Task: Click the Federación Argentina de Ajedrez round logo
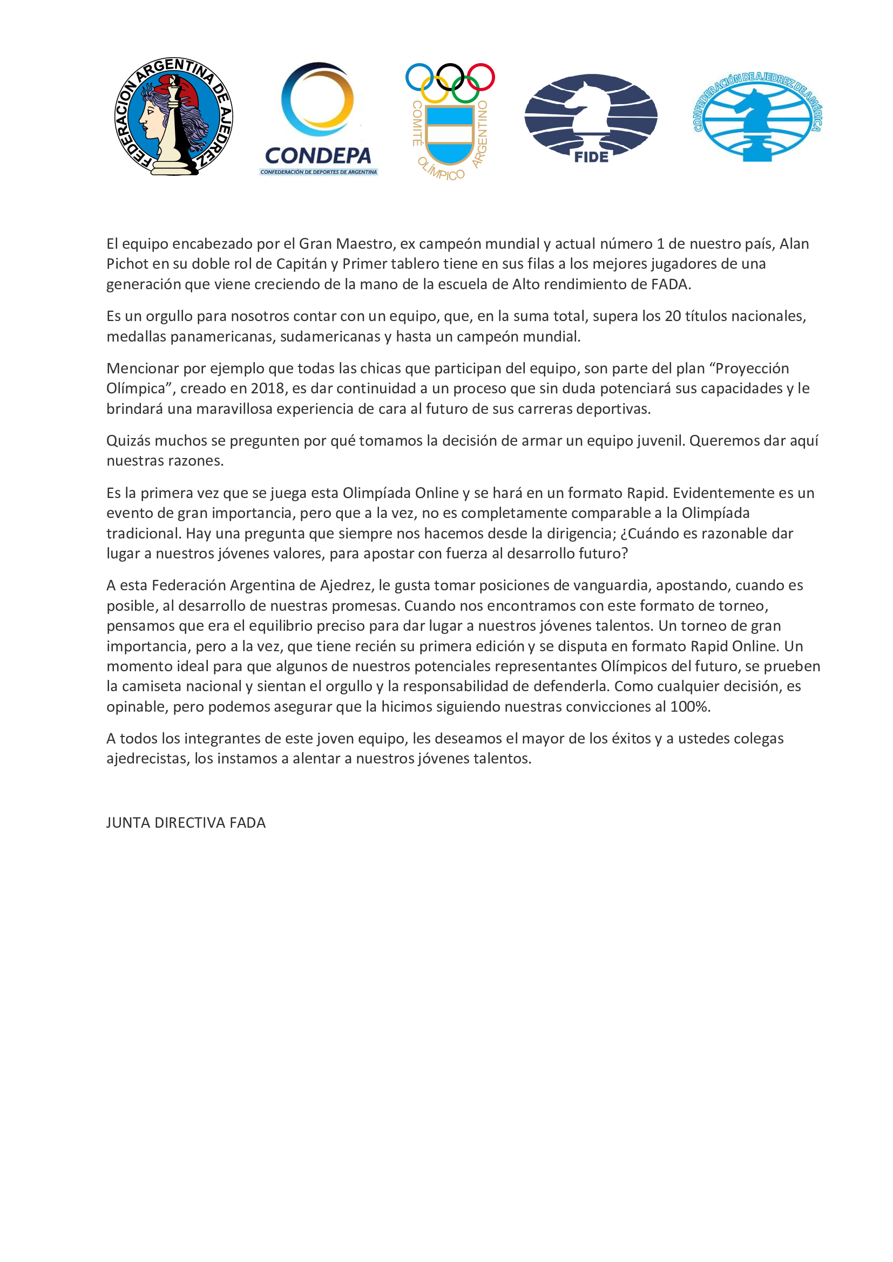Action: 173,117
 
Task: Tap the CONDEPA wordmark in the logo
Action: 318,155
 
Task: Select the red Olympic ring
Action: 481,77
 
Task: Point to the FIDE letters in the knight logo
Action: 591,157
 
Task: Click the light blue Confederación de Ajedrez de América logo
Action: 757,117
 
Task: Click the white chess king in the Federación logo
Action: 173,132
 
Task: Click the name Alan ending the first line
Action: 794,243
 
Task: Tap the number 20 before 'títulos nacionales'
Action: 673,316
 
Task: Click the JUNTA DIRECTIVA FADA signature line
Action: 186,823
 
